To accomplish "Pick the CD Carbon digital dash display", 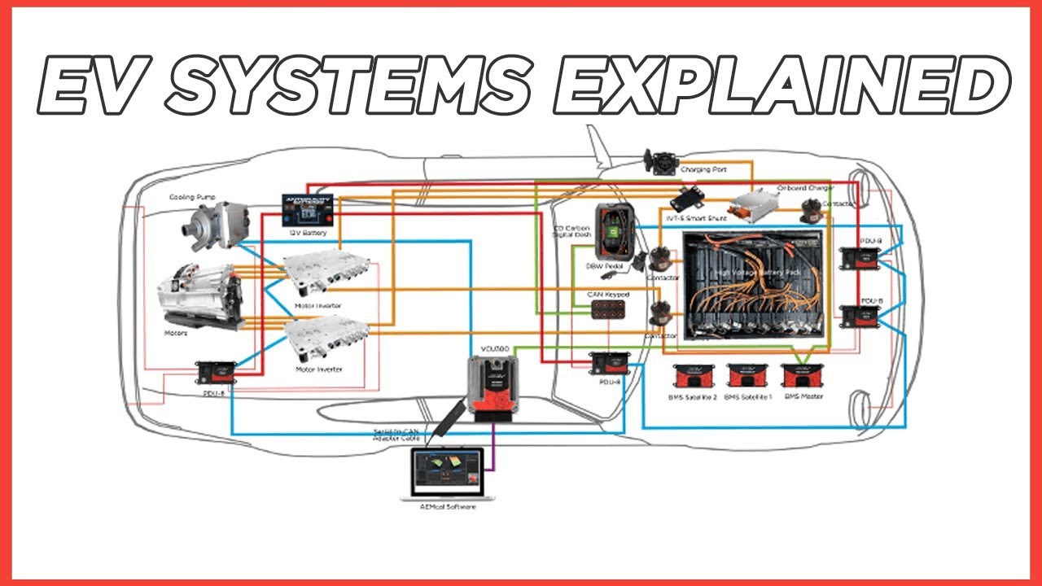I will (x=615, y=230).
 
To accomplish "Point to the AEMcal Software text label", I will (x=441, y=508).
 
